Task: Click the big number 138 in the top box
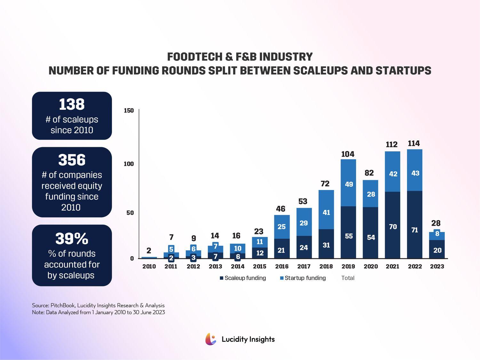coord(72,104)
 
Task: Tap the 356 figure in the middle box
coord(72,160)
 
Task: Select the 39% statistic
coord(72,238)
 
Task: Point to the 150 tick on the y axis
coord(129,111)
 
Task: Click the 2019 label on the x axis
coord(348,266)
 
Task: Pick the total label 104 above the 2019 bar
coord(348,154)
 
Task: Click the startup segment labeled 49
coord(349,184)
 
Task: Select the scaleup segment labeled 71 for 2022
coord(415,230)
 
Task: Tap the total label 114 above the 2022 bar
coord(414,143)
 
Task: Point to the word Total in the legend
coord(348,278)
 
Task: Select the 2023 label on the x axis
coord(437,266)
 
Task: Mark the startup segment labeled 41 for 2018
coord(326,212)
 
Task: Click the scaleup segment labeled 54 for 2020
coord(371,237)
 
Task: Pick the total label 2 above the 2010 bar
coord(149,250)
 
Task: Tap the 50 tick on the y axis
coord(130,213)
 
